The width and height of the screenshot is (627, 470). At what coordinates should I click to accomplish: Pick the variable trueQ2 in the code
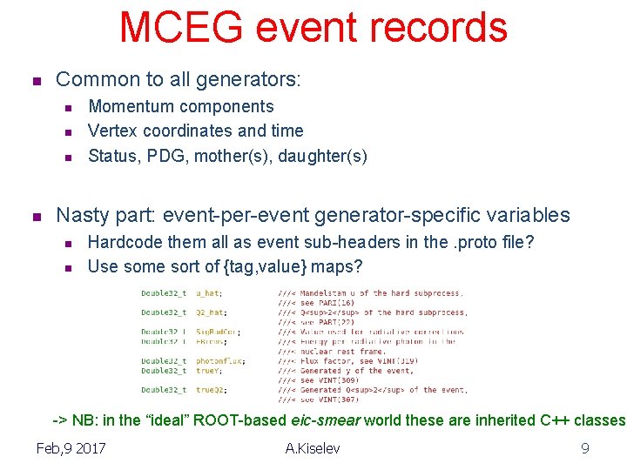(210, 390)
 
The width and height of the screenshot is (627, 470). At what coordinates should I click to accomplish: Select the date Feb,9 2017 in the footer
(71, 448)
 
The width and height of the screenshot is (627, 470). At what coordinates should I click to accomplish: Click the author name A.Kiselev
(313, 448)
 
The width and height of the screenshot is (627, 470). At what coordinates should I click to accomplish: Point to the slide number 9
(585, 448)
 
